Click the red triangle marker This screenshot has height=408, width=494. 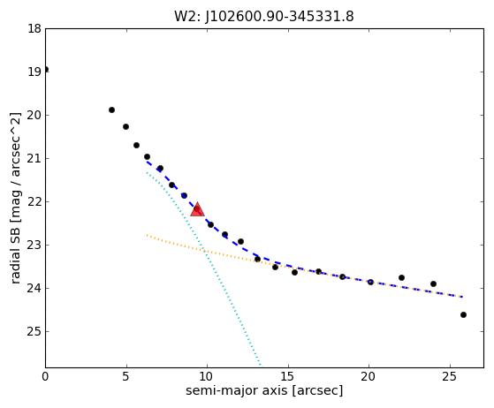198,209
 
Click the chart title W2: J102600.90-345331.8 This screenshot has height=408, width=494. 264,17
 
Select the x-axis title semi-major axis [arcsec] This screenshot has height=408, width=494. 264,390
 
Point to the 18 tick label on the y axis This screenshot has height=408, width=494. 34,28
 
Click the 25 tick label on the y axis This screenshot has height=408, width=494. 34,331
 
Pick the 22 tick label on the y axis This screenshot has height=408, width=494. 34,201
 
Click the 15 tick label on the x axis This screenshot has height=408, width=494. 288,376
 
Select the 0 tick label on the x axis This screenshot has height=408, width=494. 46,376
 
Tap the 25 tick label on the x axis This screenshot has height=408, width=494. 450,376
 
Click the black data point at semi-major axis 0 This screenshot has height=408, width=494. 46,69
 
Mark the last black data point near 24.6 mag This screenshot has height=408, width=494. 463,314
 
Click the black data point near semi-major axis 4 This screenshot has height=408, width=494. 111,110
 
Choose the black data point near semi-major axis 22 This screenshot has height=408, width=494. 401,277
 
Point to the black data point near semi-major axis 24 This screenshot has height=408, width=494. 433,284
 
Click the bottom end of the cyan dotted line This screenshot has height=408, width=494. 260,366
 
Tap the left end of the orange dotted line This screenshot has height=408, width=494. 147,235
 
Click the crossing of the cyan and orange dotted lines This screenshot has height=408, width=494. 204,251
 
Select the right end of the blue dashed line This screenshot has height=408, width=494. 462,297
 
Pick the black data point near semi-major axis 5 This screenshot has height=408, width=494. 125,127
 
